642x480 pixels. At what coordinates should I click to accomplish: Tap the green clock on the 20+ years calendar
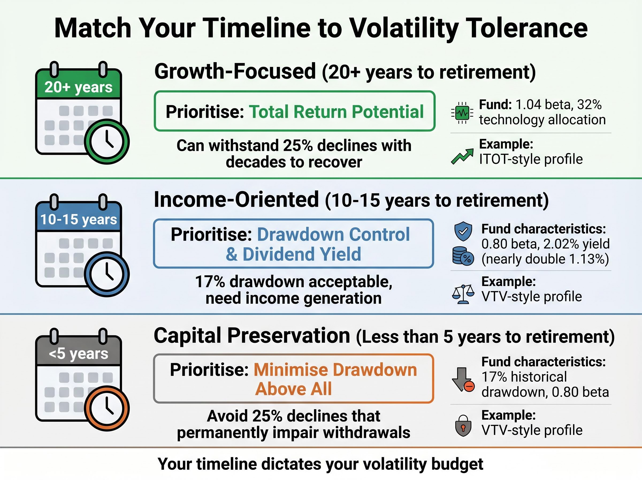(107, 142)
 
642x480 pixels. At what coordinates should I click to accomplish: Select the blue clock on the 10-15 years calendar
(107, 274)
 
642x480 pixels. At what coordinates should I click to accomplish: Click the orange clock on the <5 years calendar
(107, 408)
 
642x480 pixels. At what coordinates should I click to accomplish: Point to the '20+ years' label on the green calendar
(78, 87)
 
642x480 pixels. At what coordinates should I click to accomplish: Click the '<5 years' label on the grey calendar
(78, 354)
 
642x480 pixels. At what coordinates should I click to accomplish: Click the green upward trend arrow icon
(462, 156)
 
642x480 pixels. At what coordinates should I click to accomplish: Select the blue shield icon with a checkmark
(463, 231)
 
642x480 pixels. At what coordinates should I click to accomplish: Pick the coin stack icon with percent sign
(463, 256)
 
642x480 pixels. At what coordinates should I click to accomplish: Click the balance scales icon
(463, 294)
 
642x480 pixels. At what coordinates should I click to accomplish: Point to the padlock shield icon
(463, 425)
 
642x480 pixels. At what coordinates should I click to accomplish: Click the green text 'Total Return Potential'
(336, 112)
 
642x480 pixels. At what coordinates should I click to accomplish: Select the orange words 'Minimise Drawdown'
(335, 370)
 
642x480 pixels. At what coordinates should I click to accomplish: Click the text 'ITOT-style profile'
(531, 159)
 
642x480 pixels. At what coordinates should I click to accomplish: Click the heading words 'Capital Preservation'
(252, 336)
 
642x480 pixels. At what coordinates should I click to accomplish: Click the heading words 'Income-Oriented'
(236, 200)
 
